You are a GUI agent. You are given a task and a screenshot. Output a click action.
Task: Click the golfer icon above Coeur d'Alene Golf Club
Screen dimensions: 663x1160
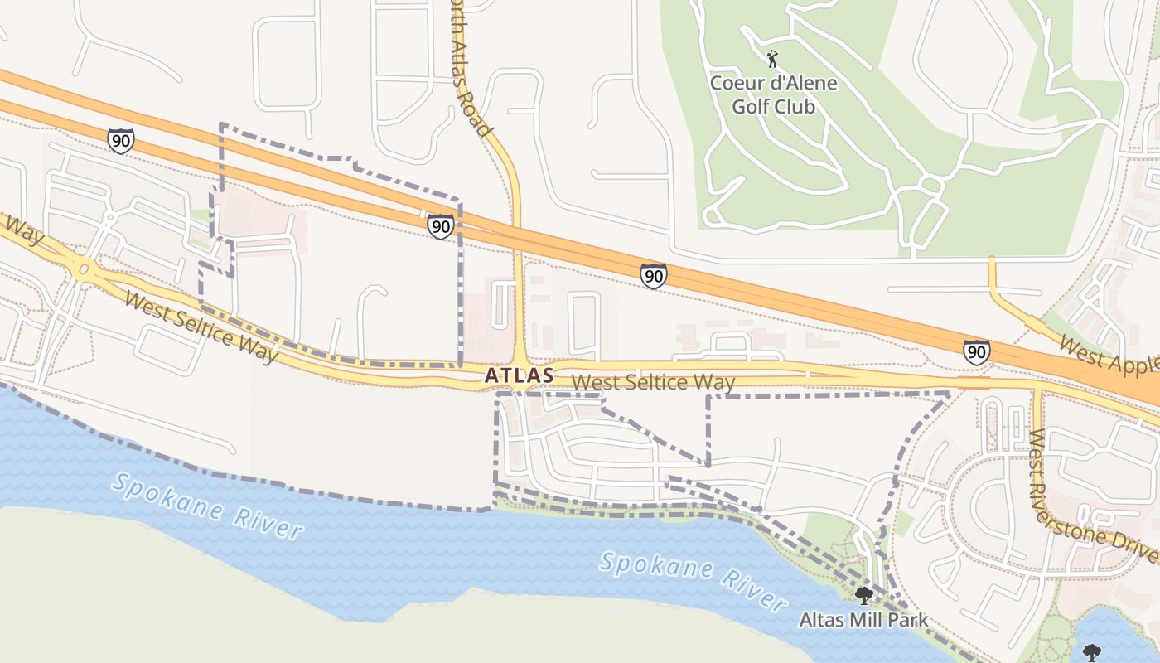pos(772,59)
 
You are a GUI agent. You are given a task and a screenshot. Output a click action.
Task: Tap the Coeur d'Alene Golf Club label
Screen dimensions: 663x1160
pos(773,94)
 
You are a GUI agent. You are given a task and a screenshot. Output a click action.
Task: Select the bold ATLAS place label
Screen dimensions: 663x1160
pos(519,375)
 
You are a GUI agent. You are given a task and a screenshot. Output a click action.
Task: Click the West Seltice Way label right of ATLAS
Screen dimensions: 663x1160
pos(653,382)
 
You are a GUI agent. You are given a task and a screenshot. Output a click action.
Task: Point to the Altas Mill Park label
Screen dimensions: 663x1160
pos(863,620)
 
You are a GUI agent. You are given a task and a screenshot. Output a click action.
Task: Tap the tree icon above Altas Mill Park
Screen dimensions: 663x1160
pos(863,595)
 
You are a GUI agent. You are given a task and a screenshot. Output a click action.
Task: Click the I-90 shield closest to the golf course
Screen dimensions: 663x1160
pos(653,276)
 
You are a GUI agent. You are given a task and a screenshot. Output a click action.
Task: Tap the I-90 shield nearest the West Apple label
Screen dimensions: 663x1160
pos(976,352)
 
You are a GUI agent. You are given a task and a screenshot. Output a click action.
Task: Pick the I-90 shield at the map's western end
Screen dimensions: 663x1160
pos(121,141)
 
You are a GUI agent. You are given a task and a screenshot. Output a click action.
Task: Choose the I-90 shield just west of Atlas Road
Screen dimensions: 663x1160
pos(440,225)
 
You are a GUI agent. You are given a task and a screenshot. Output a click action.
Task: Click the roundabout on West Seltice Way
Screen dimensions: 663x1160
pos(84,269)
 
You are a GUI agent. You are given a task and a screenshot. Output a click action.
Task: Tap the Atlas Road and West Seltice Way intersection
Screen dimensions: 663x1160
pos(520,370)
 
